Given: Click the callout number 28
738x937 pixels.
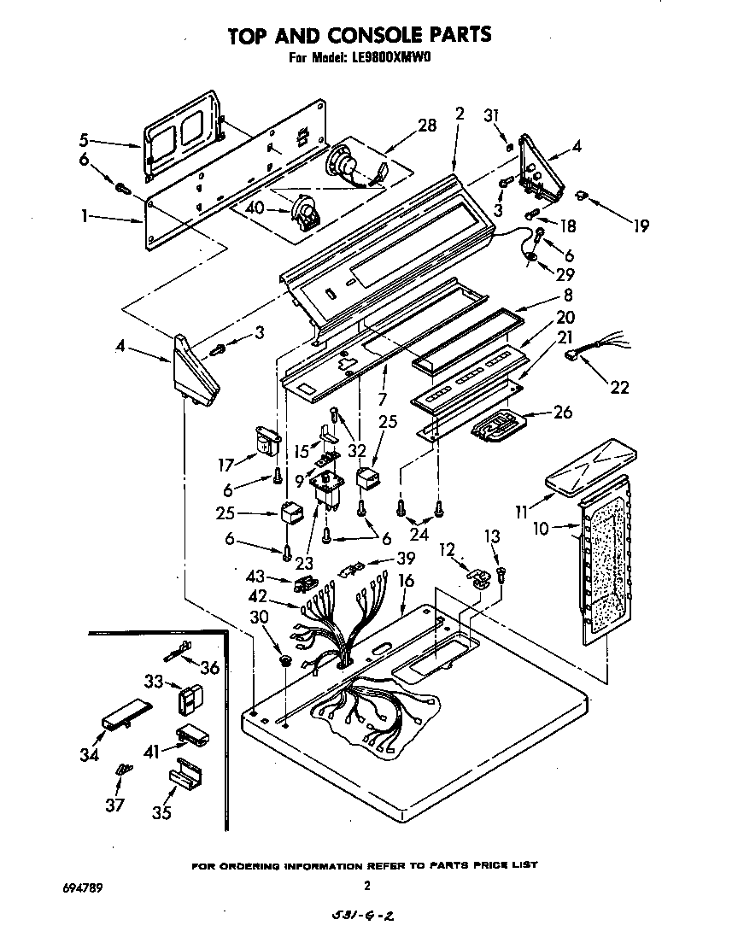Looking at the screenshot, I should pyautogui.click(x=426, y=126).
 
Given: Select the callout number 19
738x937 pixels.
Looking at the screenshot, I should pyautogui.click(x=640, y=226).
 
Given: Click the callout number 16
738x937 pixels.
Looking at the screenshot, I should pyautogui.click(x=406, y=581).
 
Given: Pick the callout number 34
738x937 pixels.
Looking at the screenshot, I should pyautogui.click(x=89, y=754).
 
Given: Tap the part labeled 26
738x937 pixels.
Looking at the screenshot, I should pyautogui.click(x=495, y=425).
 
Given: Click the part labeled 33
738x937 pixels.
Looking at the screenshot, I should pyautogui.click(x=188, y=698).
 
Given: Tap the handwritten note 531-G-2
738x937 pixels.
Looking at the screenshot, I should pyautogui.click(x=364, y=916).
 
